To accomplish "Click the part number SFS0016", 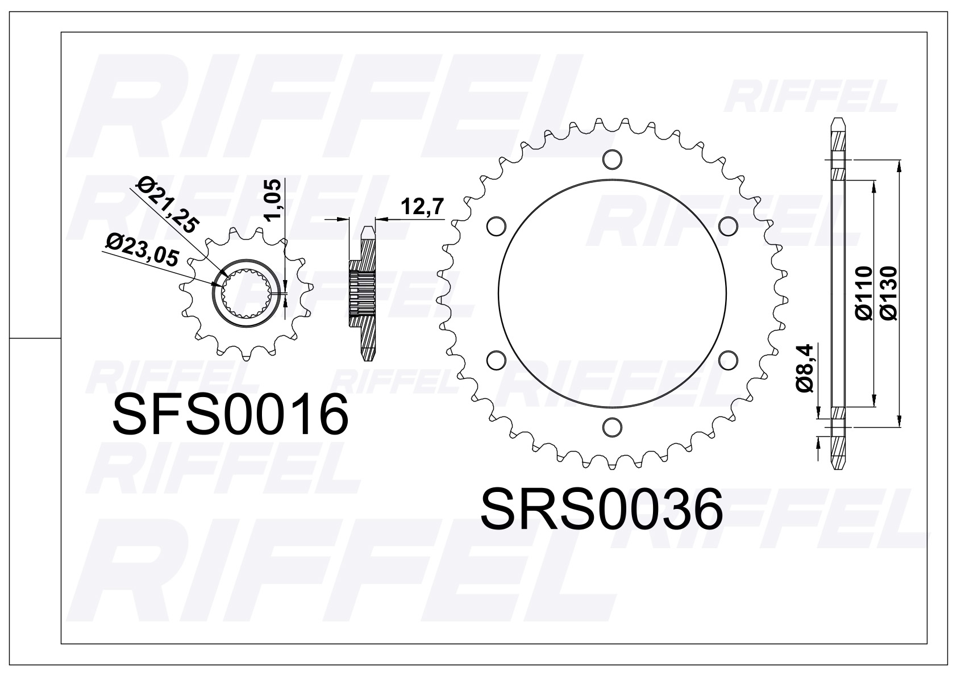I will click(230, 415).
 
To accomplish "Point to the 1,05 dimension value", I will click(273, 199).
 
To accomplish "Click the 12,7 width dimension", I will click(422, 207).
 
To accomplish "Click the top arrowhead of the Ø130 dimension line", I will click(898, 166).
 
